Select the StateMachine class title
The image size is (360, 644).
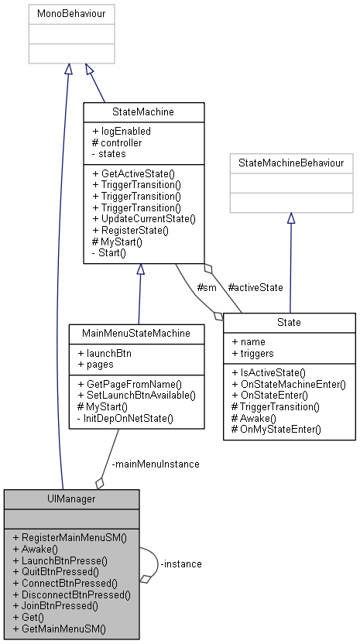143,112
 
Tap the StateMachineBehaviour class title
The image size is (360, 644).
290,163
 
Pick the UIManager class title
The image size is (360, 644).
71,499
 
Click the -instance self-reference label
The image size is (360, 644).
180,563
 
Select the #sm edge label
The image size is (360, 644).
207,287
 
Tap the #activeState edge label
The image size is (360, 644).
256,287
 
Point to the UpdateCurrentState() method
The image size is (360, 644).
143,218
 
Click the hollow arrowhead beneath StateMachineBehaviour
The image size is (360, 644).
290,219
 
